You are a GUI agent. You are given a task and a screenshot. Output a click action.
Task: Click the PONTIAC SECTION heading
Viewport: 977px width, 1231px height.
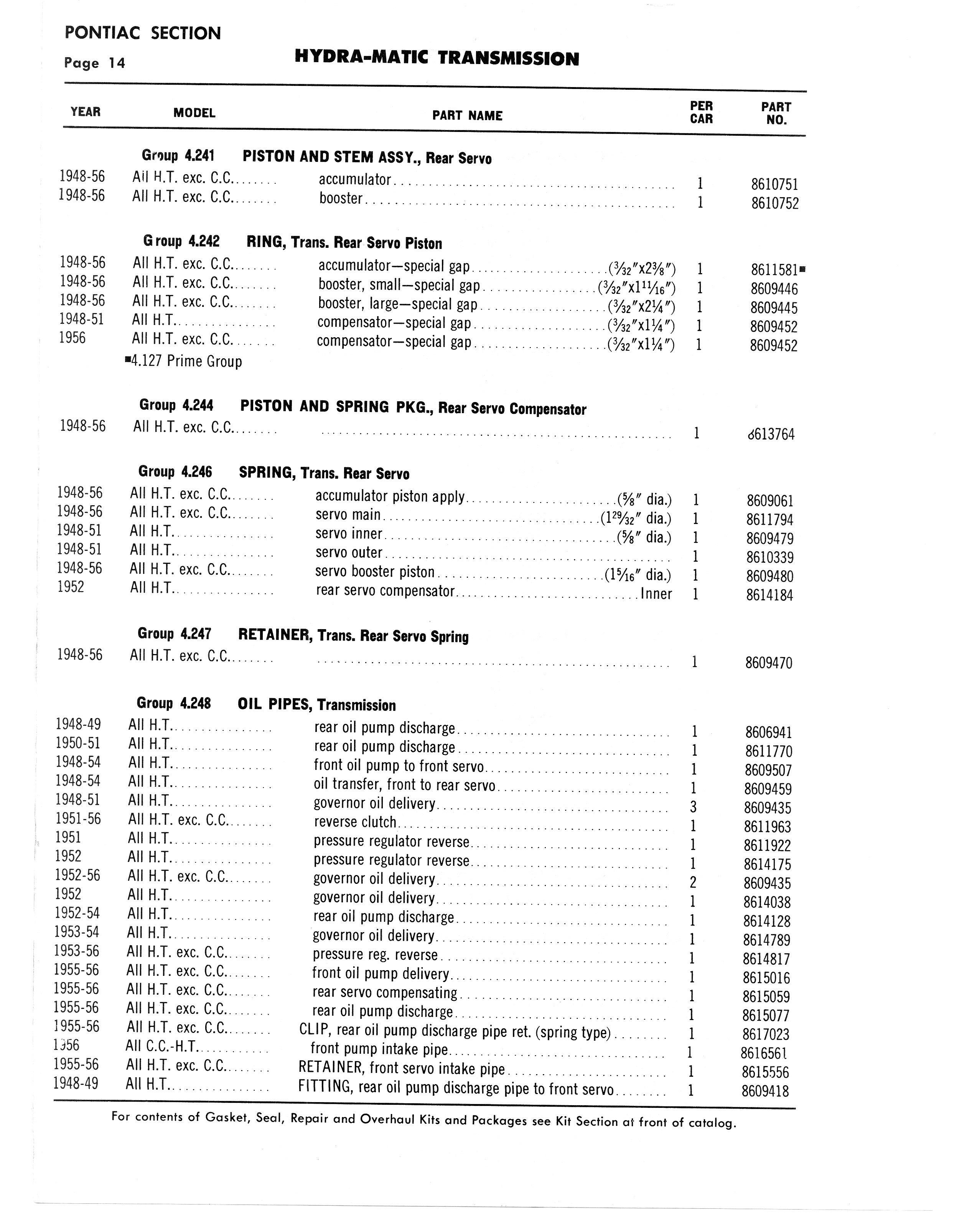(x=143, y=33)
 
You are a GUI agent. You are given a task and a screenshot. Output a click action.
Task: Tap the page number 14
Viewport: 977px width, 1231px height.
(x=117, y=63)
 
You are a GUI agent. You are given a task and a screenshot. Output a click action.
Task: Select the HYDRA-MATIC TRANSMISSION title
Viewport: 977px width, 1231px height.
(x=437, y=58)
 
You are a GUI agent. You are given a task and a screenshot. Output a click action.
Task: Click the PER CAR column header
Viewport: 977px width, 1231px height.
(x=701, y=112)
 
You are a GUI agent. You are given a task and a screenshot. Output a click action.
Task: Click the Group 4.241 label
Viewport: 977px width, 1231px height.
(x=178, y=155)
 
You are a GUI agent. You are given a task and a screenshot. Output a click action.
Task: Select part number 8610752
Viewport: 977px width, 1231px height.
(x=774, y=203)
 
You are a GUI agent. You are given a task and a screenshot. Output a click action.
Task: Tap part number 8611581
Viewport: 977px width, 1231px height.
(x=774, y=270)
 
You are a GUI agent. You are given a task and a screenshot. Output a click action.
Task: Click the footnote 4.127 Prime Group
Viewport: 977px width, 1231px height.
(x=184, y=361)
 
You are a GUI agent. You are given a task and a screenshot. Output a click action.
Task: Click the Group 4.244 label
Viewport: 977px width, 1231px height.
(x=176, y=405)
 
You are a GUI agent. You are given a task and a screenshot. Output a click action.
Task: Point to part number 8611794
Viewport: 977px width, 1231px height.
(x=769, y=519)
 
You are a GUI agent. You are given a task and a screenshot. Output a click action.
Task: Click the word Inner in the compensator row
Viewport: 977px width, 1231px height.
(x=656, y=594)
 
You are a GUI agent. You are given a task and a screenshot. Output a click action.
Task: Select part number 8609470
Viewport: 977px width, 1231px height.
(x=769, y=663)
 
